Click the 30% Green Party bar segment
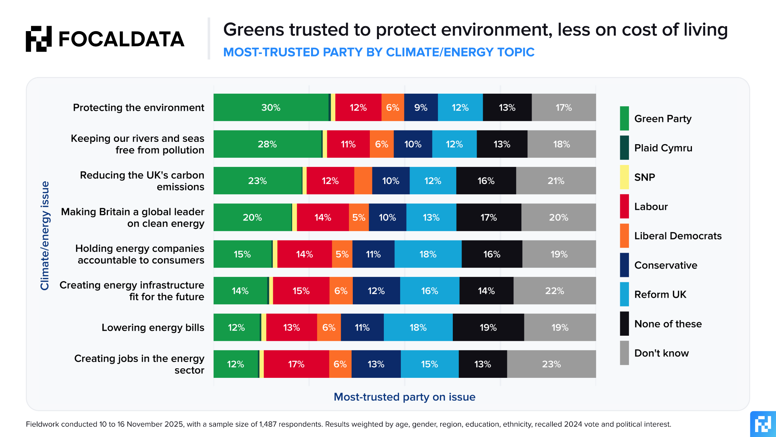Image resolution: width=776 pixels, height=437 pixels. (271, 108)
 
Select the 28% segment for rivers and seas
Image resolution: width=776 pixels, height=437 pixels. (268, 144)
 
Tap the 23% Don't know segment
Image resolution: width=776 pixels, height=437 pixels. (551, 364)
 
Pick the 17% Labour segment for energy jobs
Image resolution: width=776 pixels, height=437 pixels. (296, 364)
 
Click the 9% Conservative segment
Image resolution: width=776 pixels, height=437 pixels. (421, 108)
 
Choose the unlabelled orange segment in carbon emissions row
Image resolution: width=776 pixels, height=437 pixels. (363, 181)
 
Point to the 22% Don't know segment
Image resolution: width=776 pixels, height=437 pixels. (554, 291)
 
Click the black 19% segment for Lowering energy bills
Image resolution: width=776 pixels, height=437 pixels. (488, 327)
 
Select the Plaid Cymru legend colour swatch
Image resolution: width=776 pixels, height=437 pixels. (624, 148)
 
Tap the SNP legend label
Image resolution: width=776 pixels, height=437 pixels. (645, 177)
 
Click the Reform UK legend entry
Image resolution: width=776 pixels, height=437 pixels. (660, 294)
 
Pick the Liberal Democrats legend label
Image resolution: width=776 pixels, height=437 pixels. (678, 236)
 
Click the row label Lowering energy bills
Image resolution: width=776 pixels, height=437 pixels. (153, 327)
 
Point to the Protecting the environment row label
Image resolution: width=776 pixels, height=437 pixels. (138, 108)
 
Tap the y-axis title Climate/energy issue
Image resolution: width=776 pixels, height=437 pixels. (45, 236)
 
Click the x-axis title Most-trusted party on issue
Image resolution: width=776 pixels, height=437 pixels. (404, 397)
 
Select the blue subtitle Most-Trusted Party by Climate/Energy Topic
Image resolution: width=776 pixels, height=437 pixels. (379, 52)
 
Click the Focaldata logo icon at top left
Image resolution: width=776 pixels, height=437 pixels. (39, 39)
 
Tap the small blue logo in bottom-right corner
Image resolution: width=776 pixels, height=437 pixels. (762, 424)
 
